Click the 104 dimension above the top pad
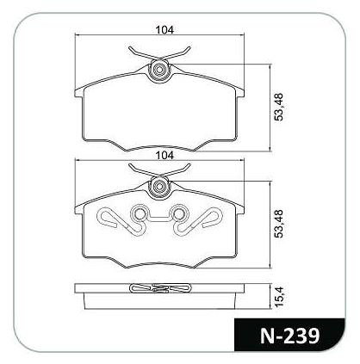pos(164,29)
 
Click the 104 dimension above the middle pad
pos(164,155)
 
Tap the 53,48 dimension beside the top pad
pos(278,107)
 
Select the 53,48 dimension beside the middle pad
pos(278,224)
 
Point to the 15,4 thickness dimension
pos(278,297)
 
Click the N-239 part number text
pos(289,336)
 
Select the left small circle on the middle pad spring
pos(140,213)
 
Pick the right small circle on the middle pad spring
pos(178,213)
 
